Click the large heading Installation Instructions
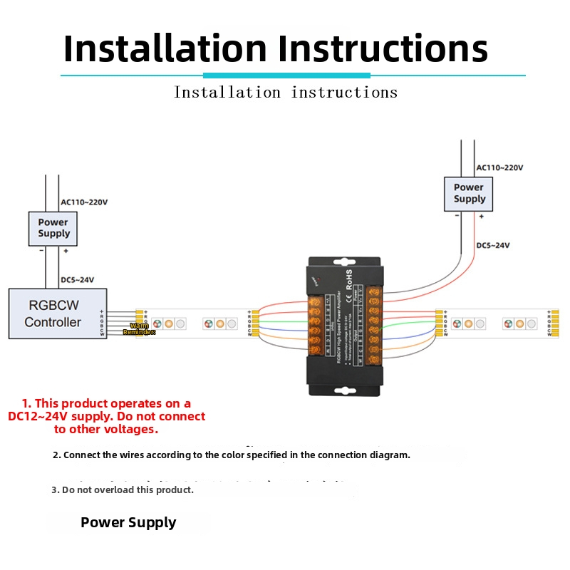[x=276, y=48]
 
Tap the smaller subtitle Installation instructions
[x=286, y=92]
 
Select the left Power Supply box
[x=53, y=228]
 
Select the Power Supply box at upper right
[x=469, y=193]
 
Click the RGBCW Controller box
[x=57, y=313]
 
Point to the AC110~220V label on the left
[x=84, y=202]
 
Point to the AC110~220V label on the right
[x=499, y=167]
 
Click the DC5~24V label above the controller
[x=78, y=280]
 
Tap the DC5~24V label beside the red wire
[x=493, y=245]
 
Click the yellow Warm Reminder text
[x=139, y=328]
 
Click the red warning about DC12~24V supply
[x=106, y=416]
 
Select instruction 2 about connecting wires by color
[x=232, y=455]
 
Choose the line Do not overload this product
[x=123, y=489]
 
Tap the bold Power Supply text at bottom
[x=128, y=522]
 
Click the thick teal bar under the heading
[x=286, y=75]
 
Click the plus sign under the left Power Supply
[x=66, y=251]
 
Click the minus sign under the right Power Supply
[x=457, y=216]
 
